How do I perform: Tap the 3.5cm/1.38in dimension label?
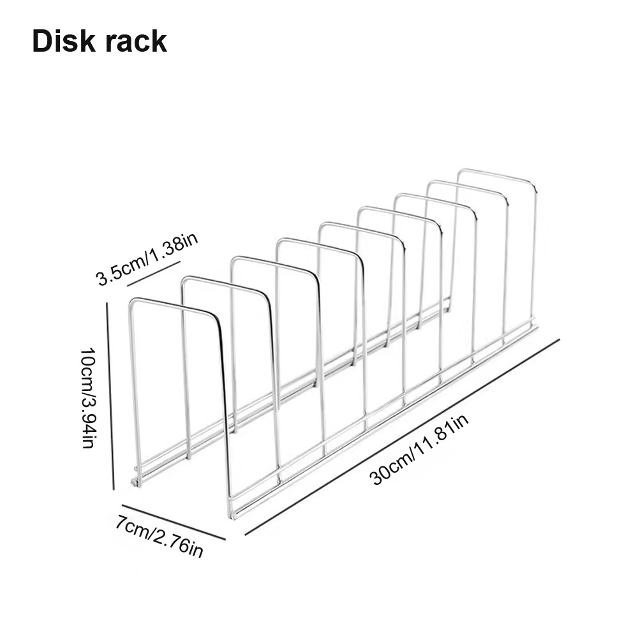click(x=147, y=260)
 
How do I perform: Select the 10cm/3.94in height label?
click(x=89, y=397)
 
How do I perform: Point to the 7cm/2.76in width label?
click(x=159, y=537)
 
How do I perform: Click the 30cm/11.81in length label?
click(x=419, y=448)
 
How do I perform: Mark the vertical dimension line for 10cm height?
click(x=110, y=396)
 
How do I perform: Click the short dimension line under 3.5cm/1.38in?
click(x=154, y=273)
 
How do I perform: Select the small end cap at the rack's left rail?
click(x=136, y=482)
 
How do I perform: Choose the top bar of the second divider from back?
click(x=466, y=187)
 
